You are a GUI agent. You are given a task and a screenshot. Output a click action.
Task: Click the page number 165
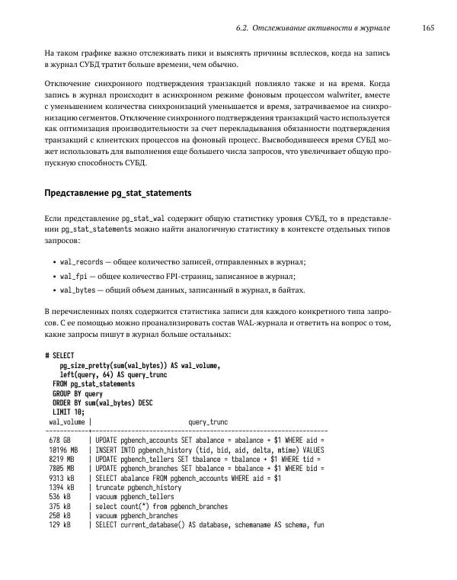click(427, 28)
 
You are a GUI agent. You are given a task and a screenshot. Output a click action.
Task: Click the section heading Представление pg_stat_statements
click(117, 192)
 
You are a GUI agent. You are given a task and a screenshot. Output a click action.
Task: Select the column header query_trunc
click(207, 421)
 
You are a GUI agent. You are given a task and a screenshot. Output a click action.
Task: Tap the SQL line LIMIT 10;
click(69, 412)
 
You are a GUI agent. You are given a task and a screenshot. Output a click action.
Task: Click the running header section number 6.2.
click(244, 28)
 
